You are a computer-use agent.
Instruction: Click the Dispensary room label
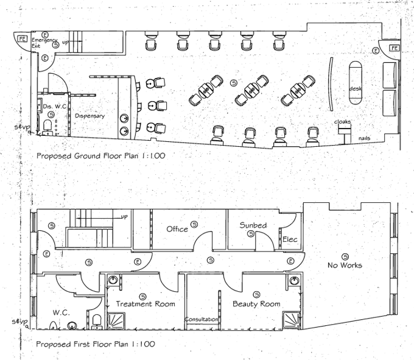90,116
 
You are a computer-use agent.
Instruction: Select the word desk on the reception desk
356,89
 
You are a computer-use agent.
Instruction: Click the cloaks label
343,122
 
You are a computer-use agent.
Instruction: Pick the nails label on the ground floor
364,138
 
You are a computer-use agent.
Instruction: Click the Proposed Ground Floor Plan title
100,156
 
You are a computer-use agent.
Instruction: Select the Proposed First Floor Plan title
95,344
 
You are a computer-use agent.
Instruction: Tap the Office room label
177,229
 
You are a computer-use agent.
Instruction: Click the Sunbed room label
253,225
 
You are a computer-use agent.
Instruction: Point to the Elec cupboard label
290,239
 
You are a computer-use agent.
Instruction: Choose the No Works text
345,266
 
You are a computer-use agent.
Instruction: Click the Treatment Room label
146,304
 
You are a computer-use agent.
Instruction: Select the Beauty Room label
256,304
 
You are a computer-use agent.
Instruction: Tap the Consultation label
202,319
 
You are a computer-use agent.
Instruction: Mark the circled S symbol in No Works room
345,256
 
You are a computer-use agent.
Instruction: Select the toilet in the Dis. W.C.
48,126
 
